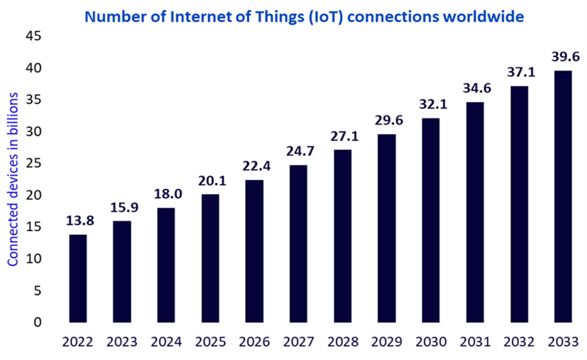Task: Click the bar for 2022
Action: [78, 278]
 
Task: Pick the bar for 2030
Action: [432, 220]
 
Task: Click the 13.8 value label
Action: [78, 221]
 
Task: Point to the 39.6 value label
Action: [564, 57]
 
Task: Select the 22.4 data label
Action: [255, 167]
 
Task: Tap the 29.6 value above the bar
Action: [388, 121]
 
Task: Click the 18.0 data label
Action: [167, 195]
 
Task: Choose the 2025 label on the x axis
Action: [211, 343]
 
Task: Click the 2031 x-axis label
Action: [476, 343]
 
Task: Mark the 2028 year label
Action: [343, 343]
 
